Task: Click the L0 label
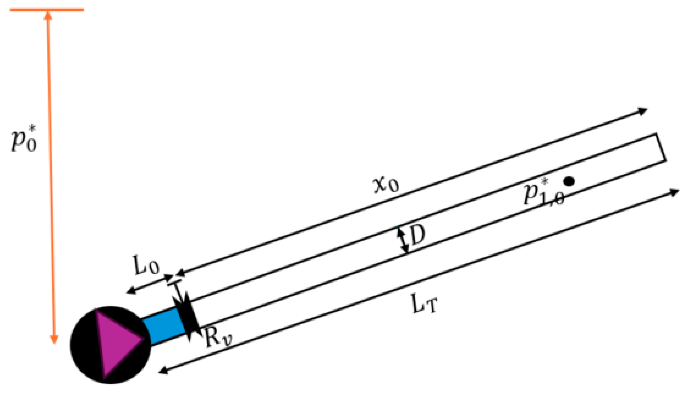pos(146,266)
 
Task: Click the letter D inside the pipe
pos(417,235)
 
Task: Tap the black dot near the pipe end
pos(569,181)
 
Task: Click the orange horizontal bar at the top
pos(47,10)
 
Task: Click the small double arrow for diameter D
pos(403,240)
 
